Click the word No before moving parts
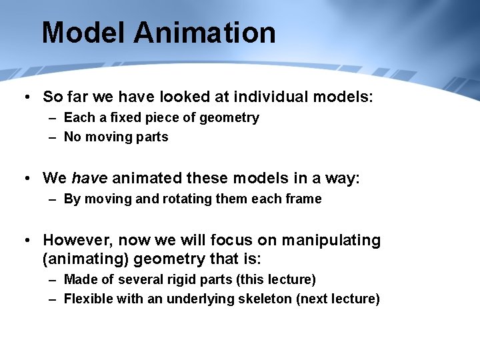pos(72,137)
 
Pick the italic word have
pos(89,178)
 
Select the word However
pos(73,240)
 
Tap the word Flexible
pos(88,299)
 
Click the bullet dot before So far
pos(27,97)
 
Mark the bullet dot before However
pos(27,240)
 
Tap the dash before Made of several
pos(52,279)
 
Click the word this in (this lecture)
pos(270,279)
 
